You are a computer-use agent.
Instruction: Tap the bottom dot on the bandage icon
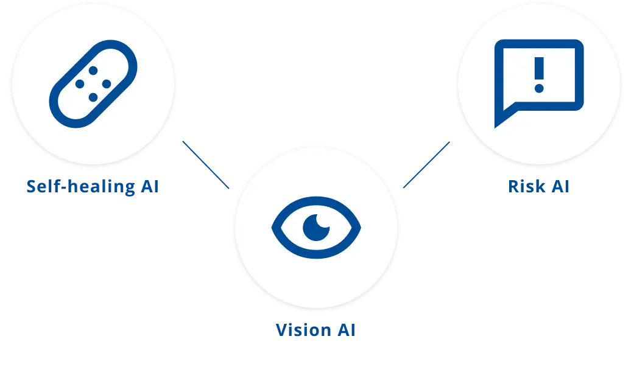click(93, 96)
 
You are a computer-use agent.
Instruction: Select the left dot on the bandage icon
click(80, 84)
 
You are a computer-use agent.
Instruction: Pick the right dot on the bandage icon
click(106, 84)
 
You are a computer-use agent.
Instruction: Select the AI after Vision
click(346, 330)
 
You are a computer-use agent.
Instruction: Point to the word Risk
click(526, 187)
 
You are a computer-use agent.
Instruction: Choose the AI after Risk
click(559, 187)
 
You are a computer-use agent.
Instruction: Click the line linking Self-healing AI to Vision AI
click(207, 163)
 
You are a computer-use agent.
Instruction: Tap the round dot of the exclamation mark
click(538, 88)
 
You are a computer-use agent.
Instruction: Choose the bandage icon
click(93, 83)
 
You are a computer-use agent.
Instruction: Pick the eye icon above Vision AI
click(316, 227)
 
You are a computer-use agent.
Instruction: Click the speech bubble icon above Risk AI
click(539, 76)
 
